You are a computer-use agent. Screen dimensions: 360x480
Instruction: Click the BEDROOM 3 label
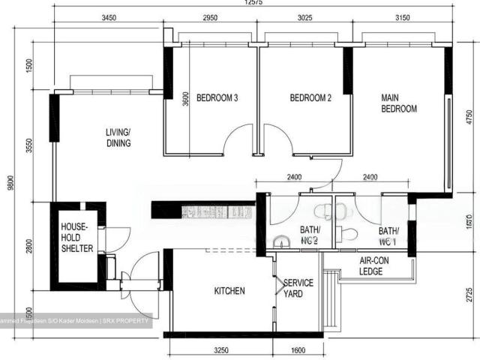point(217,98)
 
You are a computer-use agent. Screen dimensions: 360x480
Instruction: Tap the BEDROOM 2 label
point(310,98)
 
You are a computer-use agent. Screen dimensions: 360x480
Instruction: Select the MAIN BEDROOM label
point(398,103)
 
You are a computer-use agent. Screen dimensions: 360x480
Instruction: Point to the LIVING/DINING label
point(118,138)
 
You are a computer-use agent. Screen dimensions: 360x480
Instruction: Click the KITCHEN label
point(229,291)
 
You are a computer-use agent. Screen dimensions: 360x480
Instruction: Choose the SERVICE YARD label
point(292,289)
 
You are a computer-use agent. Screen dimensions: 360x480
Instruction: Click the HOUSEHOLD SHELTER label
point(76,237)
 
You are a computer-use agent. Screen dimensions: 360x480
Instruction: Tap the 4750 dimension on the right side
point(469,120)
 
